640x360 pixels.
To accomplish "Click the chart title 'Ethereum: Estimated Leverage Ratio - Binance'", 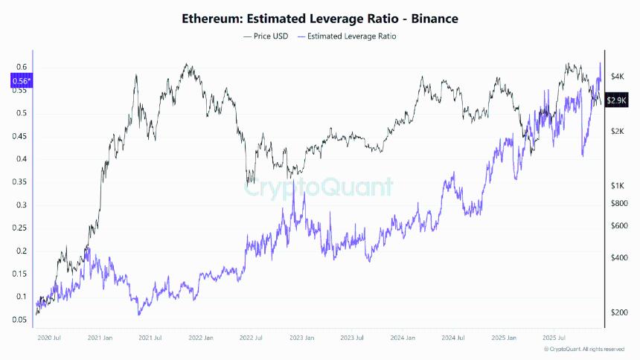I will coord(320,19).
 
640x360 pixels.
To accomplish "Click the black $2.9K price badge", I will coord(615,100).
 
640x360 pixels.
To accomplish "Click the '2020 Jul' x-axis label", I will coord(49,338).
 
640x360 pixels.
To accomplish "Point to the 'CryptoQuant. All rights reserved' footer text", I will coord(584,350).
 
